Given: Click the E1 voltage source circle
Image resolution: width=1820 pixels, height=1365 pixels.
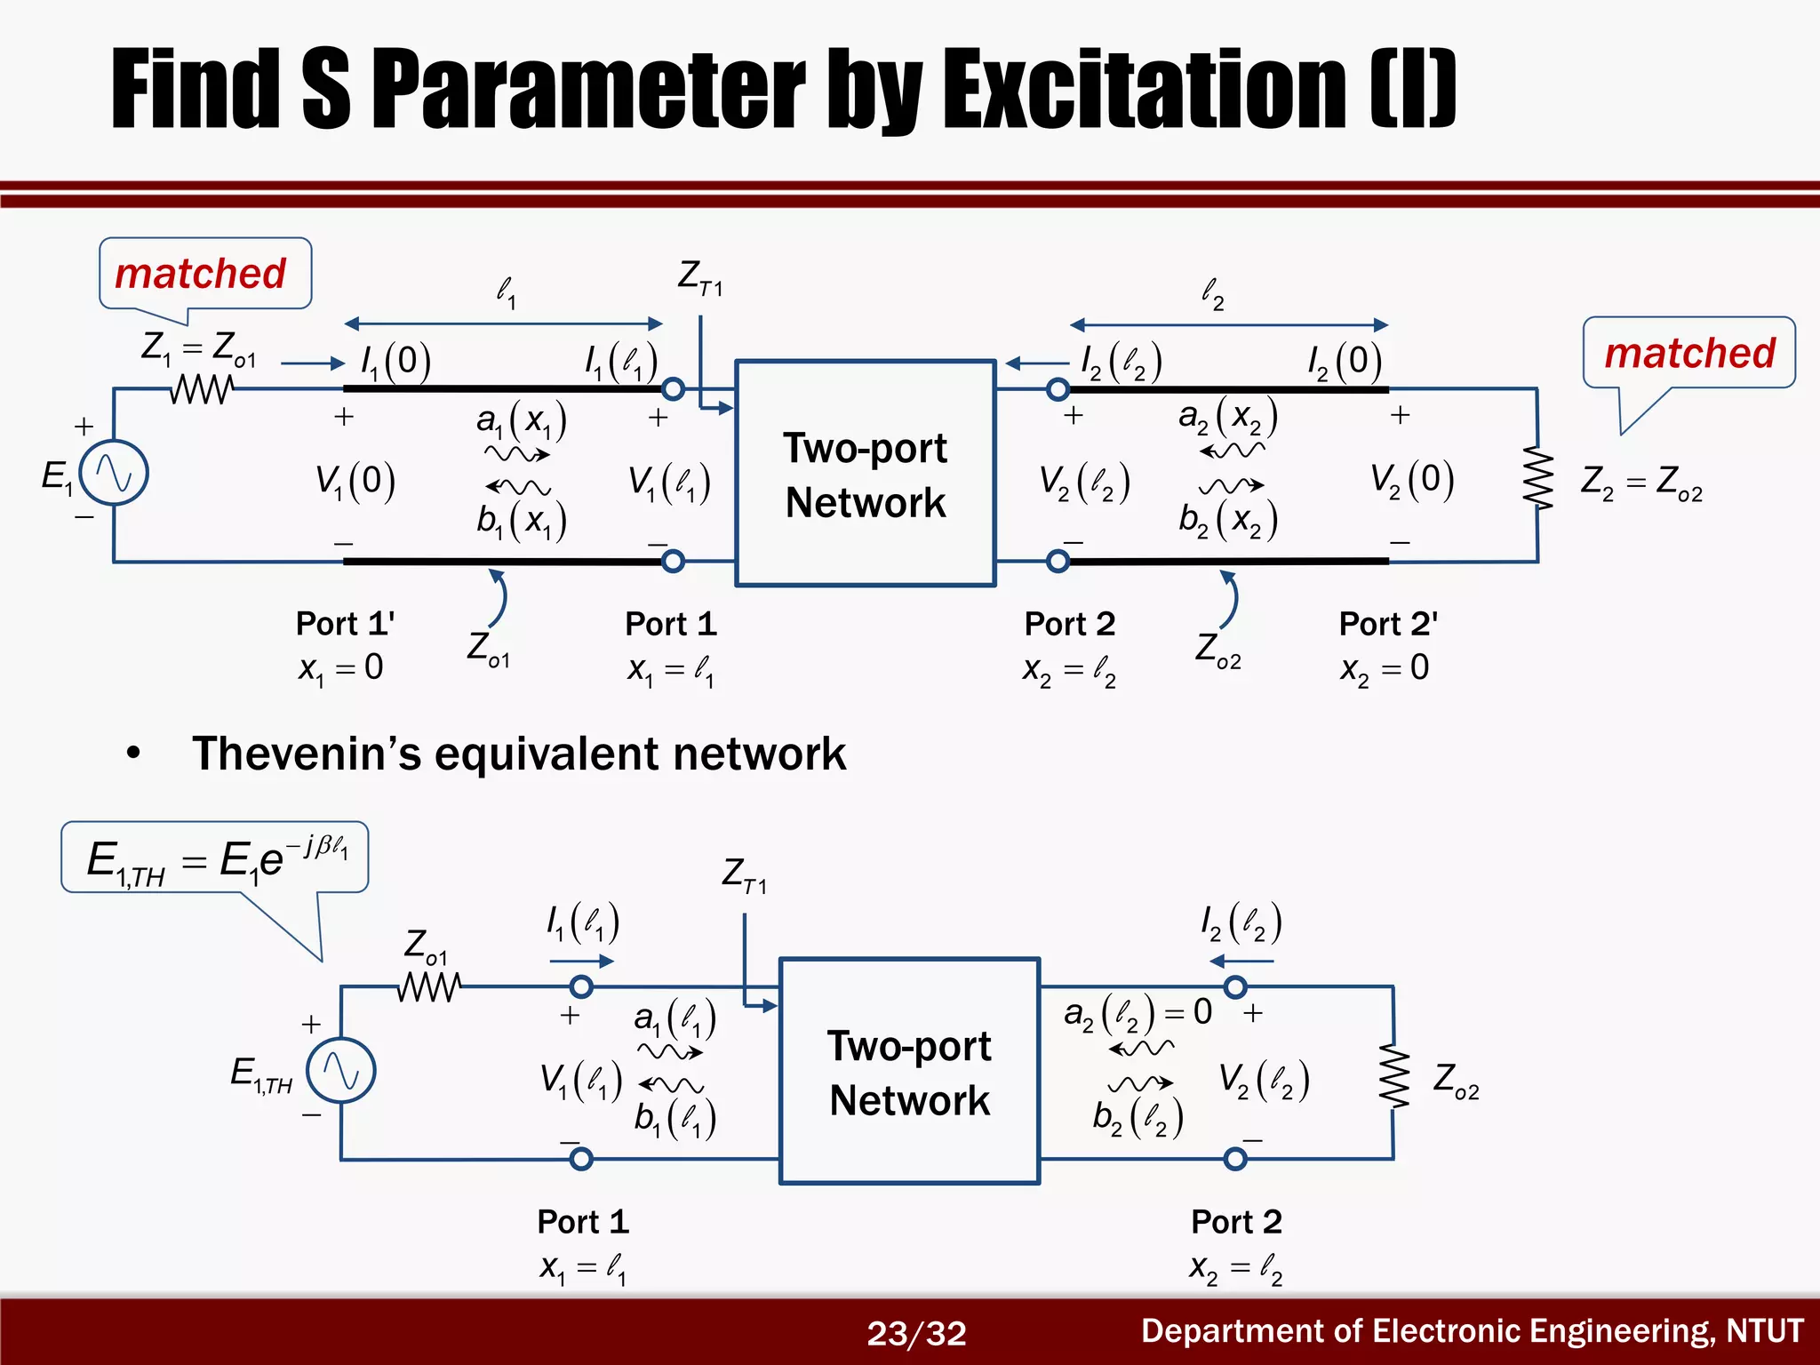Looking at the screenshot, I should pos(114,473).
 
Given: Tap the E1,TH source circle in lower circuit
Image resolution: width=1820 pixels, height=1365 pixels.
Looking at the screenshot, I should pos(341,1071).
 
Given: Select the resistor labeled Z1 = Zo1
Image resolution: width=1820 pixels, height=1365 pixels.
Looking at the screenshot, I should pos(202,388).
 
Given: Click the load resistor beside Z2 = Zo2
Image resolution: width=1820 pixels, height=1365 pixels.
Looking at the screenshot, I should pos(1538,480).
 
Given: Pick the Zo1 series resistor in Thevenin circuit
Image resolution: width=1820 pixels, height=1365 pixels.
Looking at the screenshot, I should pos(430,986).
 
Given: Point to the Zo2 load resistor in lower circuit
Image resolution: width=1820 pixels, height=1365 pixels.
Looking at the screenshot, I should pos(1394,1077).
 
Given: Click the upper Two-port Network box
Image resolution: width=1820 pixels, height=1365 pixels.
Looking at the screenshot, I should pos(866,474).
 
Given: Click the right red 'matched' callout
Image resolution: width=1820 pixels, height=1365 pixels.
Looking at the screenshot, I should pos(1689,353).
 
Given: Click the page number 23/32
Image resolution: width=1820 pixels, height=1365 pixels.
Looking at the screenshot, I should pos(916,1333).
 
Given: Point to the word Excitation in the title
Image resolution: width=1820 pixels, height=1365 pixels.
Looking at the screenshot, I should pos(1144,89).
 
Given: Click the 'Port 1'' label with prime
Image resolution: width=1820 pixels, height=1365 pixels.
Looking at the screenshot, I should pos(345,624).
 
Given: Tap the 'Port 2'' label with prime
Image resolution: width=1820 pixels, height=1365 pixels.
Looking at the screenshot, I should pos(1388,624).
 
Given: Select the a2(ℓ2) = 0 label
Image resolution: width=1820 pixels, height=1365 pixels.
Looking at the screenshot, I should pos(1137,1012).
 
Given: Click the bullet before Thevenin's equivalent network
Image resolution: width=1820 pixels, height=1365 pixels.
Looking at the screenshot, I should pos(134,754).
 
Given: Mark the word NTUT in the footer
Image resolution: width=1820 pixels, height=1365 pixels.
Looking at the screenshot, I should pos(1764,1331).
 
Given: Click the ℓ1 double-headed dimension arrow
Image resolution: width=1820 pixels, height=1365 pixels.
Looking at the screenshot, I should pos(503,323).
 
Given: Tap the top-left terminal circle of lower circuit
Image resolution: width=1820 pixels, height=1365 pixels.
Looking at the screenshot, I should pos(581,986).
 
